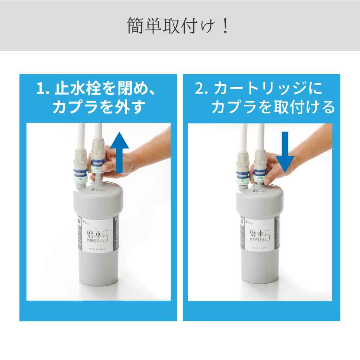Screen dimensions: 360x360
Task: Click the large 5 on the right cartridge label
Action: (267, 235)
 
